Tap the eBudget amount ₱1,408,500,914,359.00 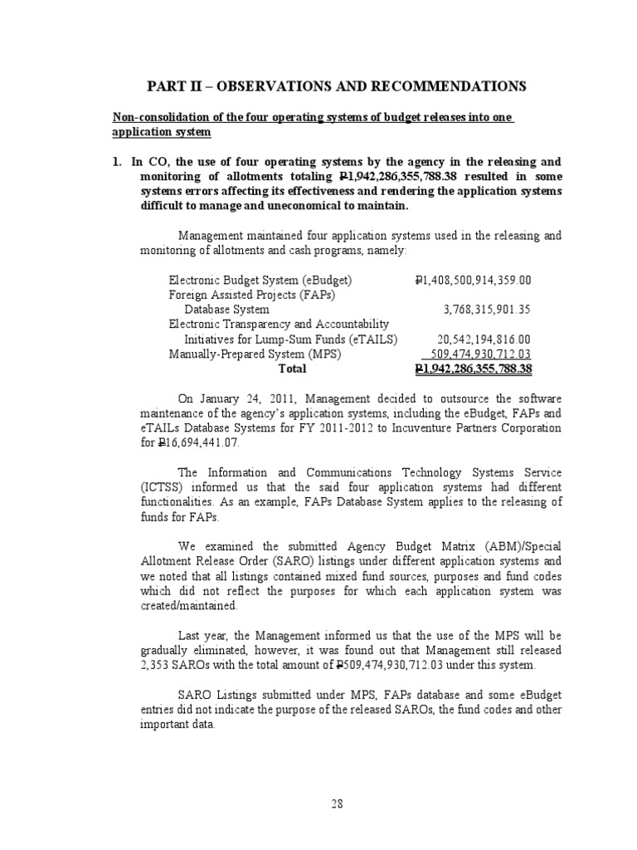[472, 280]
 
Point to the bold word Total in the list [292, 369]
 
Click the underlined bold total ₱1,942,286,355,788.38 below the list [472, 369]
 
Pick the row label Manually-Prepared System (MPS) [237, 354]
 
